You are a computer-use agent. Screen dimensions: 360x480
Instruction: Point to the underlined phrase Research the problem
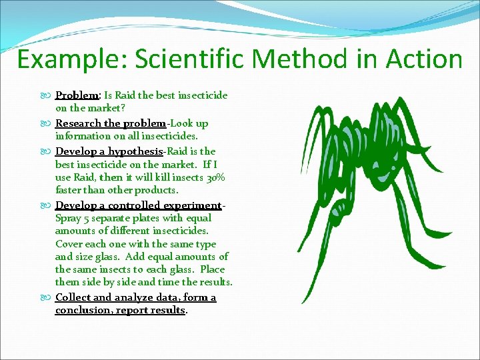pyautogui.click(x=111, y=123)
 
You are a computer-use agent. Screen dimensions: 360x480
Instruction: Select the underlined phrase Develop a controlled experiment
pyautogui.click(x=138, y=205)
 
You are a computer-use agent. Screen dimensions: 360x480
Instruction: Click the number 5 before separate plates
pyautogui.click(x=86, y=218)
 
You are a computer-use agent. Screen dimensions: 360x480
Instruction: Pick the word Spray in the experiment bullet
pyautogui.click(x=67, y=218)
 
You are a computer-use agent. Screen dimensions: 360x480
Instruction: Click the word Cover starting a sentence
pyautogui.click(x=69, y=244)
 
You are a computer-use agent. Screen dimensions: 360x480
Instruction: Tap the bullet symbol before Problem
pyautogui.click(x=47, y=96)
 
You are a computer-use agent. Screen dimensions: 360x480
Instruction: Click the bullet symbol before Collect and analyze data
pyautogui.click(x=47, y=297)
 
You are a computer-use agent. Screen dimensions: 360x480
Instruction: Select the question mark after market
pyautogui.click(x=125, y=109)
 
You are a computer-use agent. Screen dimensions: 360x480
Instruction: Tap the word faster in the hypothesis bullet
pyautogui.click(x=70, y=191)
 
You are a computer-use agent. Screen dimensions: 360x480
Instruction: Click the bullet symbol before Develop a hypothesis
pyautogui.click(x=47, y=152)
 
